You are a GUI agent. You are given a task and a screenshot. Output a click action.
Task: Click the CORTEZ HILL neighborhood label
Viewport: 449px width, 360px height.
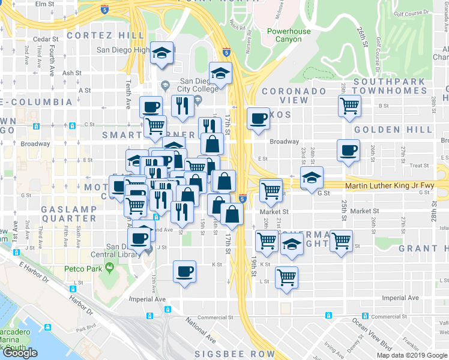point(106,35)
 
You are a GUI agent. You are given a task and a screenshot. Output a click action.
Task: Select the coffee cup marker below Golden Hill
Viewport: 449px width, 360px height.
point(348,150)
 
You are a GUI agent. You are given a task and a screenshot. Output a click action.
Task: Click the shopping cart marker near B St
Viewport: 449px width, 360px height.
point(349,106)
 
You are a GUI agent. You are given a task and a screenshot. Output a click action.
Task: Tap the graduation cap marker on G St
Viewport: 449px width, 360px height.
point(312,177)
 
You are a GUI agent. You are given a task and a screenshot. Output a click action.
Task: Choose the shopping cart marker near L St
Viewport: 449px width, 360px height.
point(287,277)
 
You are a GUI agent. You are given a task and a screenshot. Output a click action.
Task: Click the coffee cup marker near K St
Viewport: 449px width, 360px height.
point(184,271)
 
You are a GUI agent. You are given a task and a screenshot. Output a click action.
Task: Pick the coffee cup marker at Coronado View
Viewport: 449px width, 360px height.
point(259,118)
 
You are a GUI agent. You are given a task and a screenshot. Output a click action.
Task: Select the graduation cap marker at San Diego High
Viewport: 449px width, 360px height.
point(162,52)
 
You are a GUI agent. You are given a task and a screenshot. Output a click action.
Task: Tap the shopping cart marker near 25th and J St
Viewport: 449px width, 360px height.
point(341,241)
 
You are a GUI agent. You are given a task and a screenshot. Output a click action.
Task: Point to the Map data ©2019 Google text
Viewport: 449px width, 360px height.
point(412,355)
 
